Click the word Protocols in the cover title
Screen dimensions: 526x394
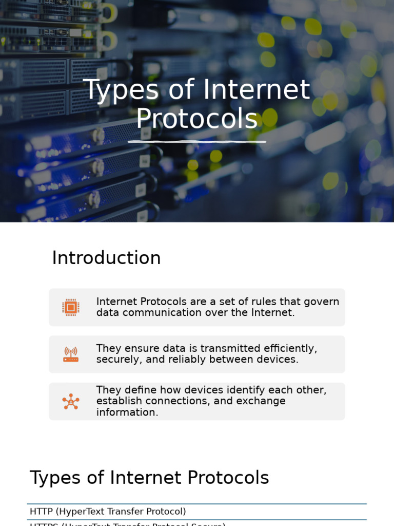(x=196, y=119)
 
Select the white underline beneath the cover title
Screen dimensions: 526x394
(x=197, y=141)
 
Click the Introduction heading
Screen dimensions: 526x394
(x=106, y=258)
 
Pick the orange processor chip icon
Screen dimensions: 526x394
(x=71, y=307)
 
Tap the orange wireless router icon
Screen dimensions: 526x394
(x=71, y=354)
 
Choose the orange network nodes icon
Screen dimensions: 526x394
(x=71, y=401)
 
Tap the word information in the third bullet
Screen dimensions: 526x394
(x=127, y=412)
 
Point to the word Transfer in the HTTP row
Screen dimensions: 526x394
(x=126, y=512)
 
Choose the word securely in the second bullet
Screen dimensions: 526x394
(x=119, y=360)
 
